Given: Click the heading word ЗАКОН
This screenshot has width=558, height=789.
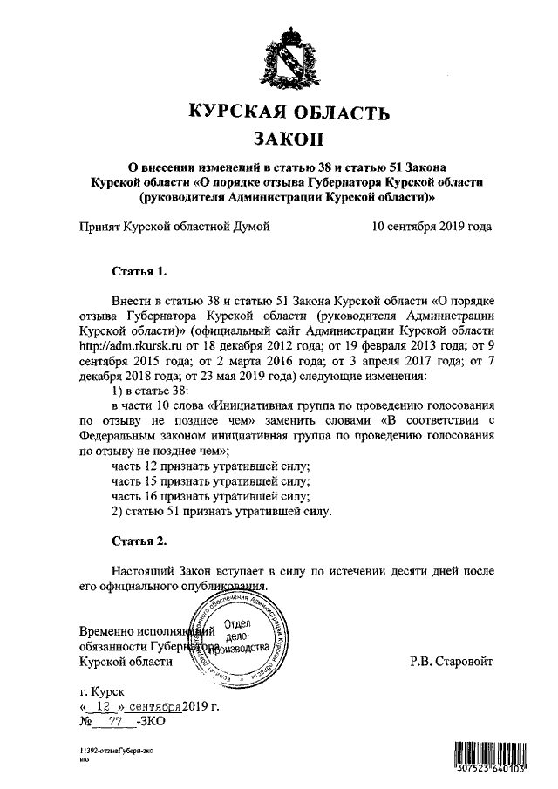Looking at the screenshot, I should (x=288, y=139).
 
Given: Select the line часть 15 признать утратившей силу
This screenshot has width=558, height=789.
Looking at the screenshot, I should (x=211, y=480).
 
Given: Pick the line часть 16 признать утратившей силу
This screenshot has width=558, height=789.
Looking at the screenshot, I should (x=211, y=494).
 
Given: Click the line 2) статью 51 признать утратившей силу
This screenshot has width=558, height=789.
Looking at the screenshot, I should (x=223, y=508).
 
